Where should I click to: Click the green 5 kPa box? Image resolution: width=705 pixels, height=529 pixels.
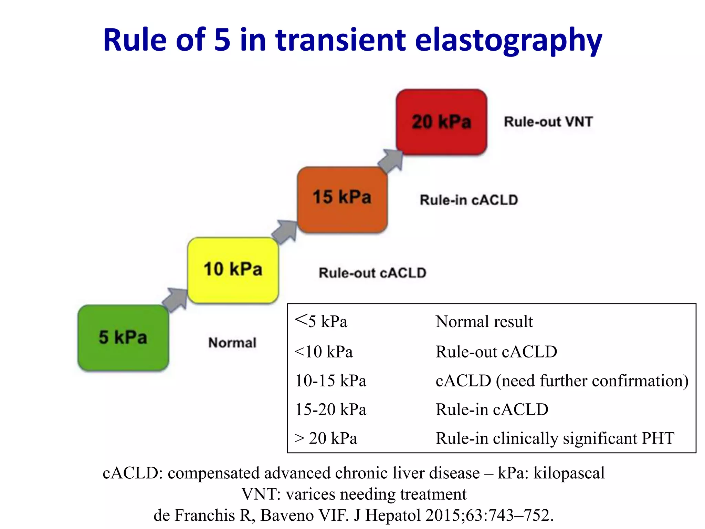(123, 338)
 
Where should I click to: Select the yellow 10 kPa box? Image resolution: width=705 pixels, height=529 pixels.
(233, 270)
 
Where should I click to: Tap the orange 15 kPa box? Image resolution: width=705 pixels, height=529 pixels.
(342, 199)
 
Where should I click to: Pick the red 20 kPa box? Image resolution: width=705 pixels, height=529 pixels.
(441, 122)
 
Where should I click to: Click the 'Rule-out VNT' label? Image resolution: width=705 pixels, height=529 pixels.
(548, 122)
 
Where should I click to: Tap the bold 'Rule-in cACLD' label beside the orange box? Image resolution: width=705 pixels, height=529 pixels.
(469, 200)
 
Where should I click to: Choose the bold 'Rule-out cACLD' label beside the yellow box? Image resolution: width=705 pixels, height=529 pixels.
(372, 273)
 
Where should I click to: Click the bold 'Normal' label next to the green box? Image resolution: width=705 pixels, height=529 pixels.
(232, 343)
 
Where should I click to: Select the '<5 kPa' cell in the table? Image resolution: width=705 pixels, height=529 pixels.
(321, 321)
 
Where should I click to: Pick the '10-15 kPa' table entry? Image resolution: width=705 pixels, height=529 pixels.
(331, 381)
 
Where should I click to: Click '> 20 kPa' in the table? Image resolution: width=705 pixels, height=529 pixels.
(326, 438)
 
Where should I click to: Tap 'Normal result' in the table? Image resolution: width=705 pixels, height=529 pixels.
(484, 322)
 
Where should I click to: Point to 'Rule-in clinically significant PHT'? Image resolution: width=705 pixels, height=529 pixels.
(555, 438)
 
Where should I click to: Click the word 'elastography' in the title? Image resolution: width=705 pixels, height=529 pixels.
(508, 40)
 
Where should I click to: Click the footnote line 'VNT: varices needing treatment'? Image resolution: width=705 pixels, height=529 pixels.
(354, 494)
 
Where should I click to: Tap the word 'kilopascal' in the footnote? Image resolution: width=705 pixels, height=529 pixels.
(569, 473)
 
